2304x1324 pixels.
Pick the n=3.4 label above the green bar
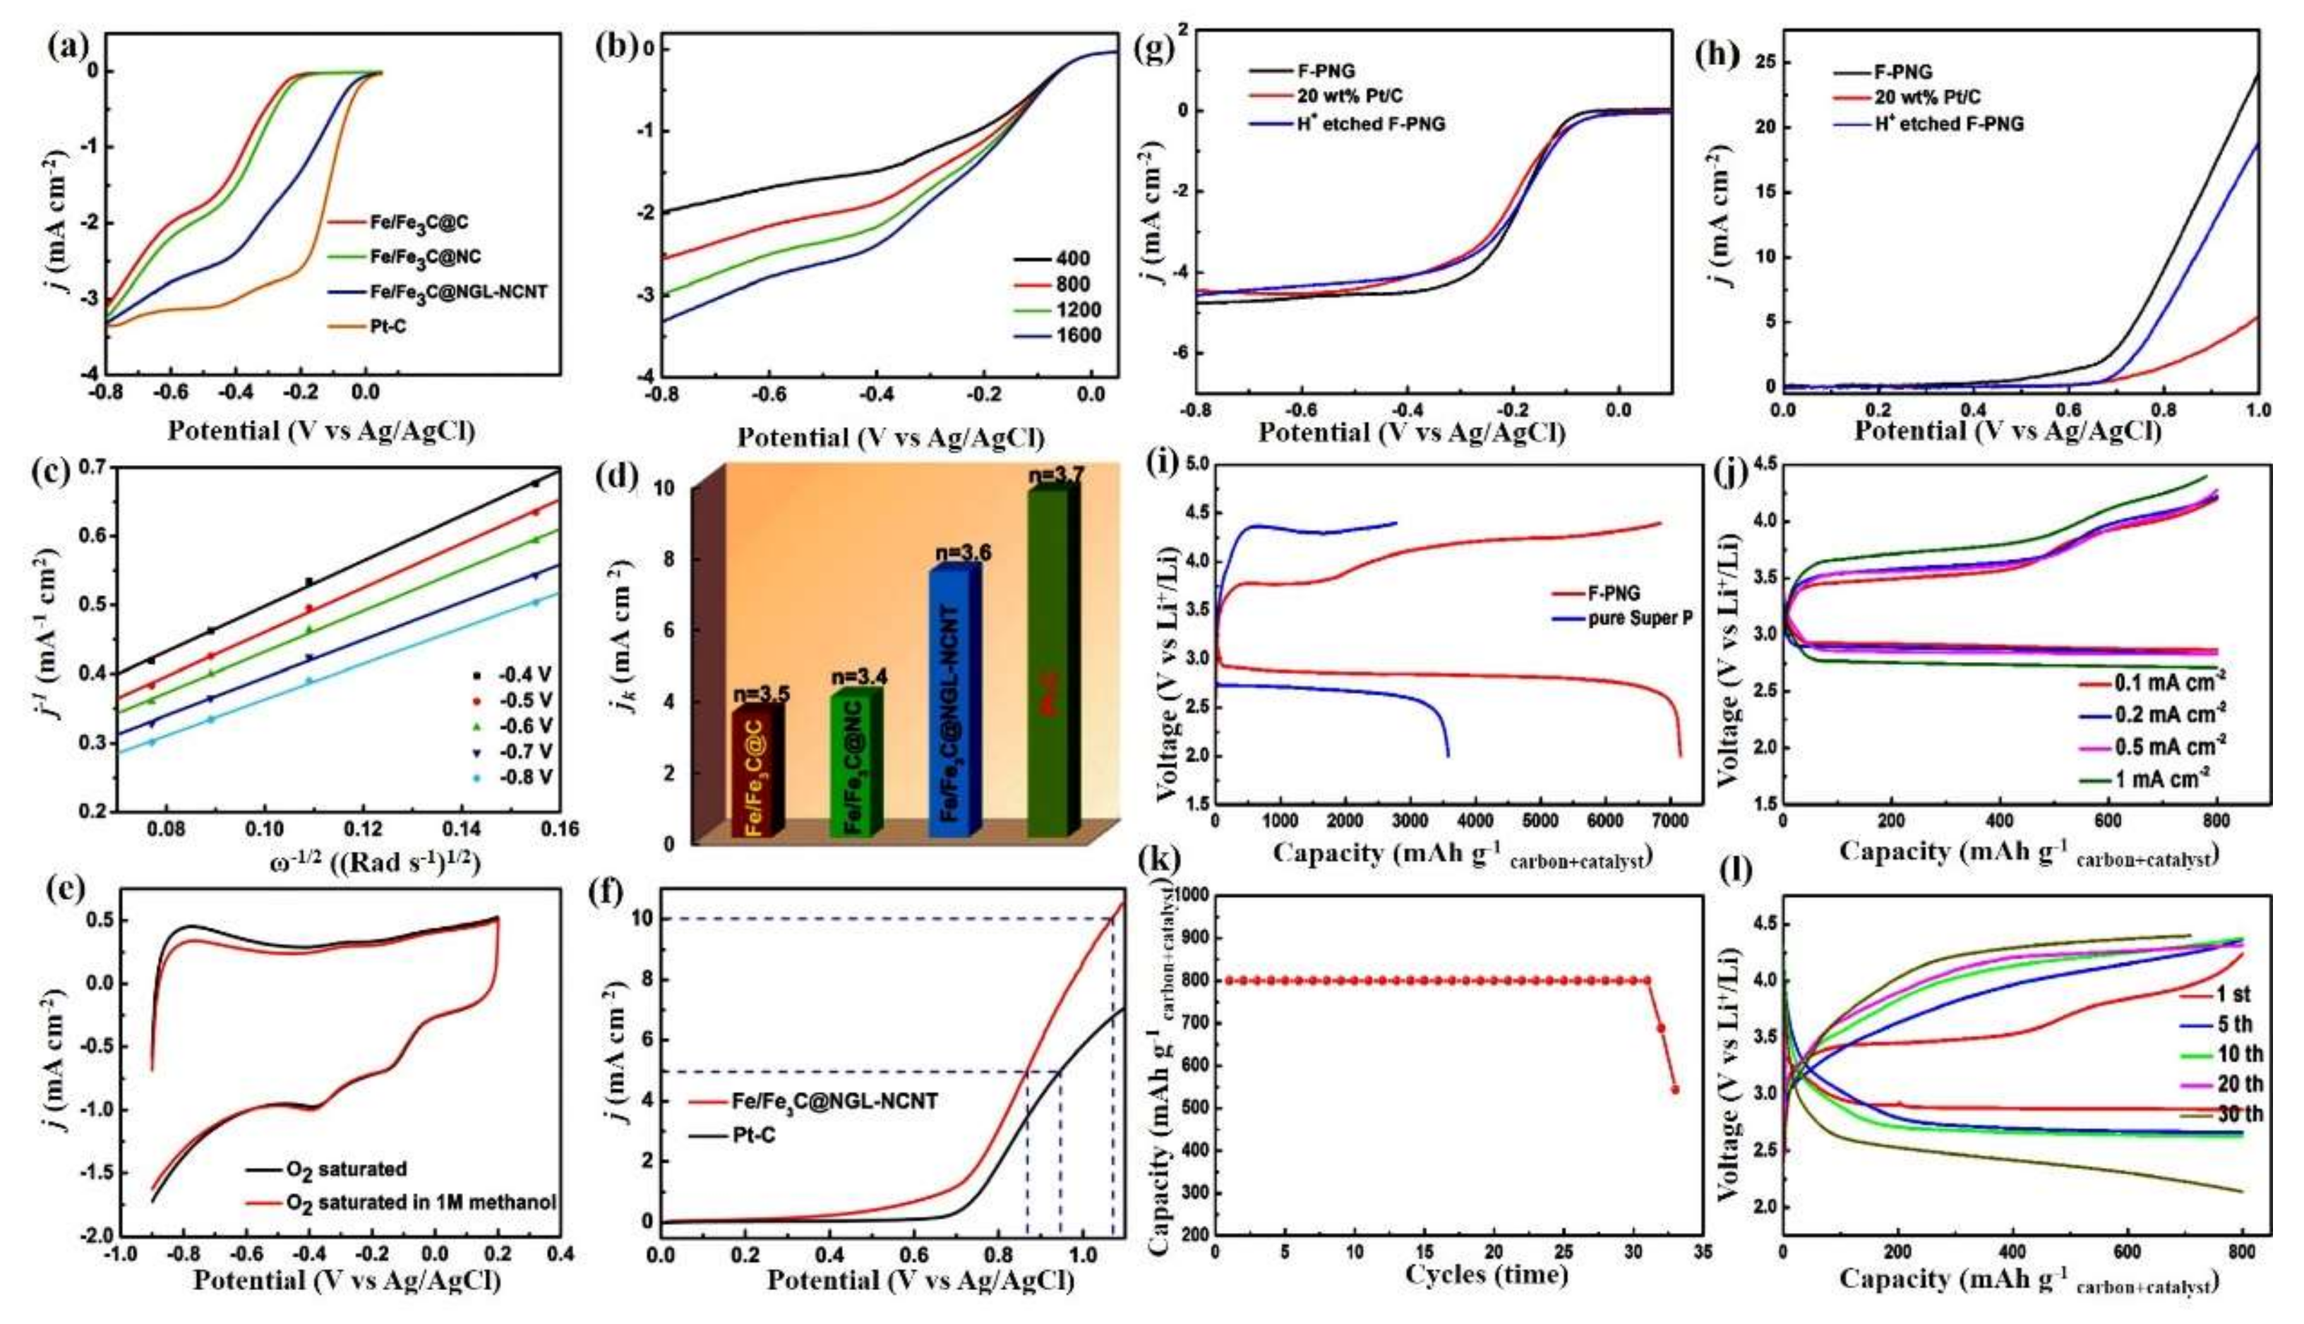[858, 678]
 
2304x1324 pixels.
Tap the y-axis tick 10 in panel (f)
[642, 918]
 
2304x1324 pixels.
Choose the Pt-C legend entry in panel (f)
[754, 1136]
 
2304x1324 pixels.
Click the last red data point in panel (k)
[1675, 1090]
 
